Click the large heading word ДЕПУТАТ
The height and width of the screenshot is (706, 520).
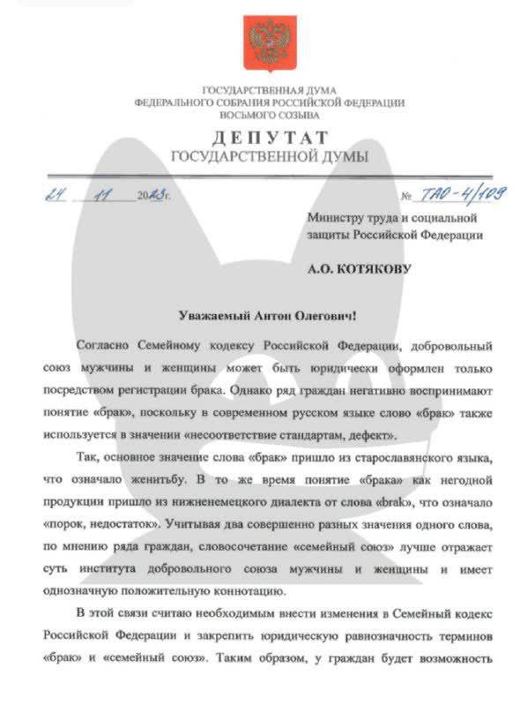[x=269, y=138]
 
